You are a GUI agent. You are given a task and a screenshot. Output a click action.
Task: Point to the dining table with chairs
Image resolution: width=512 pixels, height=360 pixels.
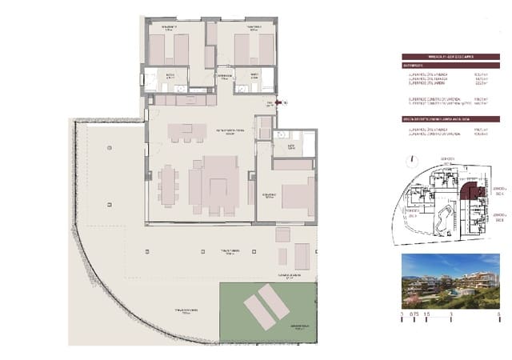pos(168,186)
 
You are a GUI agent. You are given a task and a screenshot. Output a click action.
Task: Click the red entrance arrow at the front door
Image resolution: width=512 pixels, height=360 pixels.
pos(279,102)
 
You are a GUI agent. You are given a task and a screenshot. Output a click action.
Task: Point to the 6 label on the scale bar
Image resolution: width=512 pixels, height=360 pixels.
pos(498,317)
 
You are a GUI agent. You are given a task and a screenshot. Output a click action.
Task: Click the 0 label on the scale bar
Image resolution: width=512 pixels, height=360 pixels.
pos(402,317)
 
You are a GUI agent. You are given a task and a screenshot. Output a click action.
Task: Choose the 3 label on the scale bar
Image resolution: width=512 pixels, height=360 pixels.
pos(450,317)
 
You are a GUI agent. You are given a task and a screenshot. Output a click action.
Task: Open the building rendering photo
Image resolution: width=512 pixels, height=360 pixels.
pos(450,278)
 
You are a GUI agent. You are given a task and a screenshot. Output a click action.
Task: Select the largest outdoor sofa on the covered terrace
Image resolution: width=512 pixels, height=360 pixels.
pos(302,256)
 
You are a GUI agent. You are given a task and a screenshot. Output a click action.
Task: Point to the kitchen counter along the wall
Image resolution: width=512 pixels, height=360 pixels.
pos(181,101)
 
